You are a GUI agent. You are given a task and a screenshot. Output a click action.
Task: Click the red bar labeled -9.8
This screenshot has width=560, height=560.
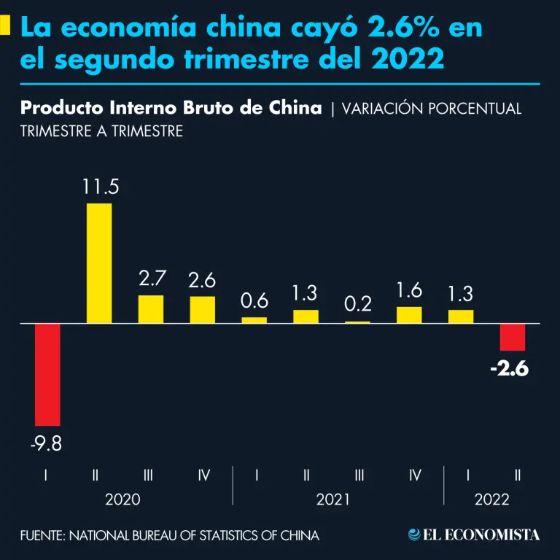47,374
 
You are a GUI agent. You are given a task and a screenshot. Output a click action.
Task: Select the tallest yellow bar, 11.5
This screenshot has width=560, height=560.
99,262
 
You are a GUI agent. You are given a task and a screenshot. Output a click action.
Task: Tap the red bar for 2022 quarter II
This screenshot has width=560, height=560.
512,337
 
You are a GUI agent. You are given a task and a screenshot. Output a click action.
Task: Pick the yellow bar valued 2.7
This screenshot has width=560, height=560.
151,308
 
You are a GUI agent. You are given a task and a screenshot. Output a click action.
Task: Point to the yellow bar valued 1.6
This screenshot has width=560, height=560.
409,314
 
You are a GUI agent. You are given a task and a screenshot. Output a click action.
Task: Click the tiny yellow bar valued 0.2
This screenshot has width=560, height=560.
357,321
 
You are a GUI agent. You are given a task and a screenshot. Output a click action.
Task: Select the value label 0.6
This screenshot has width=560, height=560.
254,300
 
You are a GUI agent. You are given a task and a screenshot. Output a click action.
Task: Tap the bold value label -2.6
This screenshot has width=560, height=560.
509,369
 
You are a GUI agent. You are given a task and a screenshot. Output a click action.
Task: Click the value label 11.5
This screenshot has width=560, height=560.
100,187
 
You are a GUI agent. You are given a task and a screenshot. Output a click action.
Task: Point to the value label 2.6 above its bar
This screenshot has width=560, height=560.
203,279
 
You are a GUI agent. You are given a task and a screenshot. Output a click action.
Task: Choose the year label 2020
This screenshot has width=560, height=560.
122,500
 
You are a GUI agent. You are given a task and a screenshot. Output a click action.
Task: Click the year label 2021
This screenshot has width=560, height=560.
332,500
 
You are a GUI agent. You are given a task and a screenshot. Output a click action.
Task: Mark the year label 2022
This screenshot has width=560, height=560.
491,500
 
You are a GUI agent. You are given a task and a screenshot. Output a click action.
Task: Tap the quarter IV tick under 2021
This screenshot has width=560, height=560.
415,475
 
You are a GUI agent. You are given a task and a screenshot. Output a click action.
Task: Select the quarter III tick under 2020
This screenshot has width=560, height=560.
148,475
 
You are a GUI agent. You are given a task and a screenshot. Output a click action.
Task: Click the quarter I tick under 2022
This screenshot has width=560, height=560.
467,475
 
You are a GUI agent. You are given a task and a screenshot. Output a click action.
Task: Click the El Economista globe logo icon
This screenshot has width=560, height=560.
414,534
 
